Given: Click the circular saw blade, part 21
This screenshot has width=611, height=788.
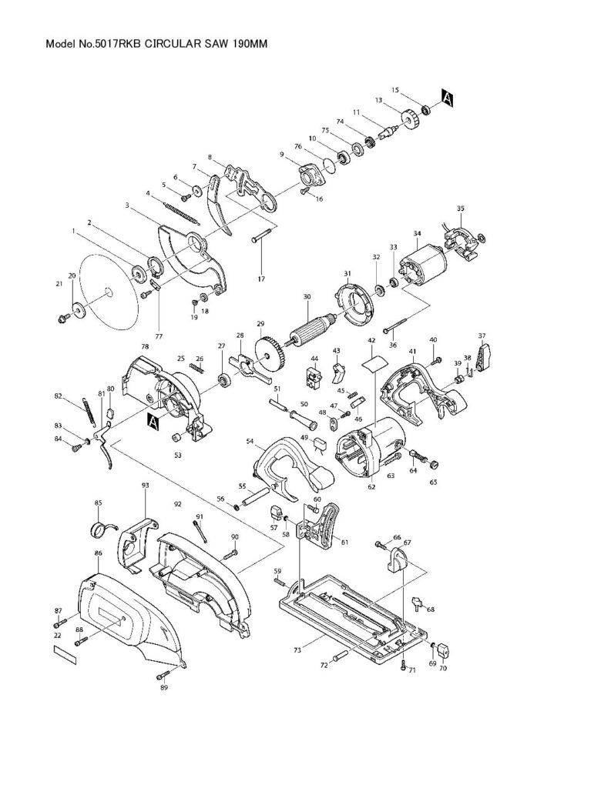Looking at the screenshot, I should tap(107, 290).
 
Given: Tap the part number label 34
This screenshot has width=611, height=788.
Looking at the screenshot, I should tap(417, 233).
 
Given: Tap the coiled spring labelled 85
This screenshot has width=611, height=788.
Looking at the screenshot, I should tap(98, 529).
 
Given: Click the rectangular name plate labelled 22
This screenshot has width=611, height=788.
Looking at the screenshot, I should tap(66, 655).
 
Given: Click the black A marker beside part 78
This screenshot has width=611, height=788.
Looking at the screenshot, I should tap(152, 419).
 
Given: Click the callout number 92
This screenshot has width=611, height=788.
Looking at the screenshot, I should tap(178, 504).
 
